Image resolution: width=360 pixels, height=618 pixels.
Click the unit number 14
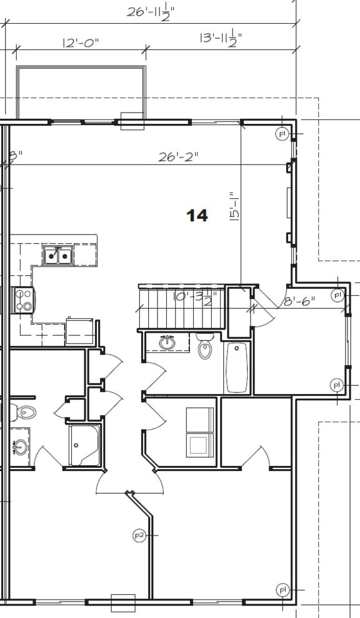[197, 216]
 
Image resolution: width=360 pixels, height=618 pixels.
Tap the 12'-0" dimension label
[81, 43]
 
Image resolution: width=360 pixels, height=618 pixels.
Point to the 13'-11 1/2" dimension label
[220, 39]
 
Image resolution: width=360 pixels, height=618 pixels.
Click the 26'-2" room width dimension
[177, 157]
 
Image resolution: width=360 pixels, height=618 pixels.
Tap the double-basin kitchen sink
[57, 255]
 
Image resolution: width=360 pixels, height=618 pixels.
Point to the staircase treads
[181, 308]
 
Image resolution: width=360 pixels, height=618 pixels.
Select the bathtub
[237, 367]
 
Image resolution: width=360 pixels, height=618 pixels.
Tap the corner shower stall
[84, 445]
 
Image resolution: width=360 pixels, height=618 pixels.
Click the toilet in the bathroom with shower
[25, 412]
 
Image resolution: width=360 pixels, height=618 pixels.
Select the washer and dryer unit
[200, 431]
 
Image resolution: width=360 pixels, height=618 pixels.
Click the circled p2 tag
[139, 535]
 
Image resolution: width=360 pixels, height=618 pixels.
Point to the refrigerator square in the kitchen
[79, 331]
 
